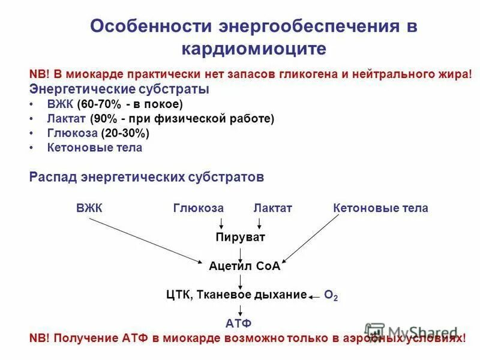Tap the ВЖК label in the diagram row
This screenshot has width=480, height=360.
89,208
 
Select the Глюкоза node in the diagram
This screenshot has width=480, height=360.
198,208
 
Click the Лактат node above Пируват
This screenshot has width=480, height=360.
272,208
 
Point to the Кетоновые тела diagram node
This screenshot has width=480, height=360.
380,208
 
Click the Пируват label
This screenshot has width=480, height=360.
240,237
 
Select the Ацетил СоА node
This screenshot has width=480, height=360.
245,266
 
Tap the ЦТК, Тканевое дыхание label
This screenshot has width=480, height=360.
236,295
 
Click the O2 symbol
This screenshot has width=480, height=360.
331,295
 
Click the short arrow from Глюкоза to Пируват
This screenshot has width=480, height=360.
221,223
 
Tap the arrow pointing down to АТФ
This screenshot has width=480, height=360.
241,310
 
